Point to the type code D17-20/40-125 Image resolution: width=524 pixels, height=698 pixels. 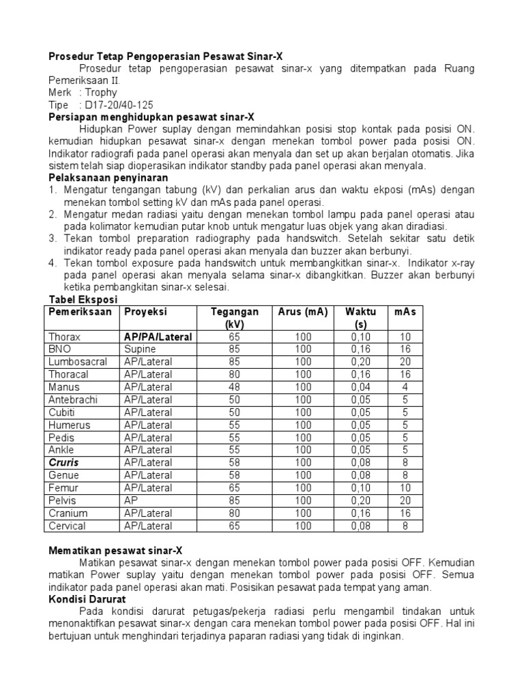pyautogui.click(x=117, y=105)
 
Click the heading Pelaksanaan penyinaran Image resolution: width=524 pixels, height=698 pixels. pyautogui.click(x=108, y=177)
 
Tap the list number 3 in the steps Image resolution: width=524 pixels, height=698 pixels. pyautogui.click(x=53, y=239)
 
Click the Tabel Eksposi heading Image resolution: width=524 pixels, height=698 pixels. pyautogui.click(x=83, y=300)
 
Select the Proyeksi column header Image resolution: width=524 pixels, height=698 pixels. pyautogui.click(x=145, y=312)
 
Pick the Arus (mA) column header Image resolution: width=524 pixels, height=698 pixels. pyautogui.click(x=303, y=312)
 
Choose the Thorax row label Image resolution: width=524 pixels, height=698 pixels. pyautogui.click(x=64, y=337)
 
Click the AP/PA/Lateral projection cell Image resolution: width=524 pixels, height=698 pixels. pyautogui.click(x=158, y=337)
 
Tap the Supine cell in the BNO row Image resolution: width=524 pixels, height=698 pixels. pyautogui.click(x=140, y=349)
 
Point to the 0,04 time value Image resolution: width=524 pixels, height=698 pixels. pyautogui.click(x=361, y=387)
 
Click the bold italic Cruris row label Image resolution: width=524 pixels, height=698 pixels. pyautogui.click(x=63, y=463)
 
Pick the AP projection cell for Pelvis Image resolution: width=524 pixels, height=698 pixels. pyautogui.click(x=131, y=500)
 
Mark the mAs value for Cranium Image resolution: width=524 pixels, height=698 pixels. pyautogui.click(x=405, y=513)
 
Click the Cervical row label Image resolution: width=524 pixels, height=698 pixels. pyautogui.click(x=67, y=526)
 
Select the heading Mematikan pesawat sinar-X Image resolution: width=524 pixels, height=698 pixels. pyautogui.click(x=115, y=551)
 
